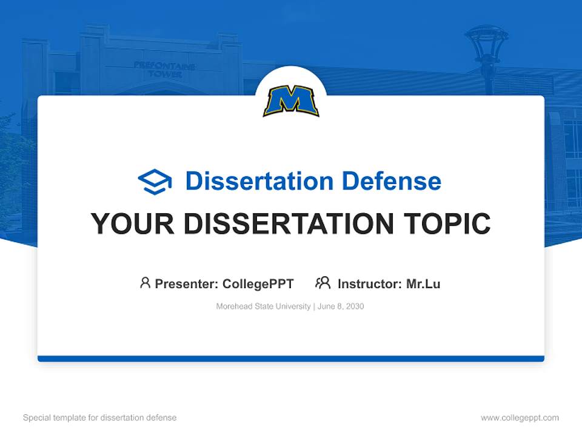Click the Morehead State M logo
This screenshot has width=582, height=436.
[x=291, y=101]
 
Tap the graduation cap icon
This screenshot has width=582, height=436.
[x=155, y=182]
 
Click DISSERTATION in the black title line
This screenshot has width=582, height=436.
[x=289, y=224]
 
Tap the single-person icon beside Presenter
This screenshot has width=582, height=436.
[x=145, y=283]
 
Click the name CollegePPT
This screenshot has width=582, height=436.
[x=258, y=283]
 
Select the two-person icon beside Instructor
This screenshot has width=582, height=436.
[x=323, y=283]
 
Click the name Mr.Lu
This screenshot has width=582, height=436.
[x=423, y=283]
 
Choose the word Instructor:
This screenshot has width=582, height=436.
[x=370, y=283]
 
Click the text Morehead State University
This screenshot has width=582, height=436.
[x=263, y=306]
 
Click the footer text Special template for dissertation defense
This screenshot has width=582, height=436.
[x=100, y=418]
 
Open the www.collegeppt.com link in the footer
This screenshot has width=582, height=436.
[x=520, y=418]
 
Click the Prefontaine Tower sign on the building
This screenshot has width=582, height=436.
[x=164, y=69]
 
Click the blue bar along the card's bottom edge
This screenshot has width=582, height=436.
[x=291, y=358]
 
